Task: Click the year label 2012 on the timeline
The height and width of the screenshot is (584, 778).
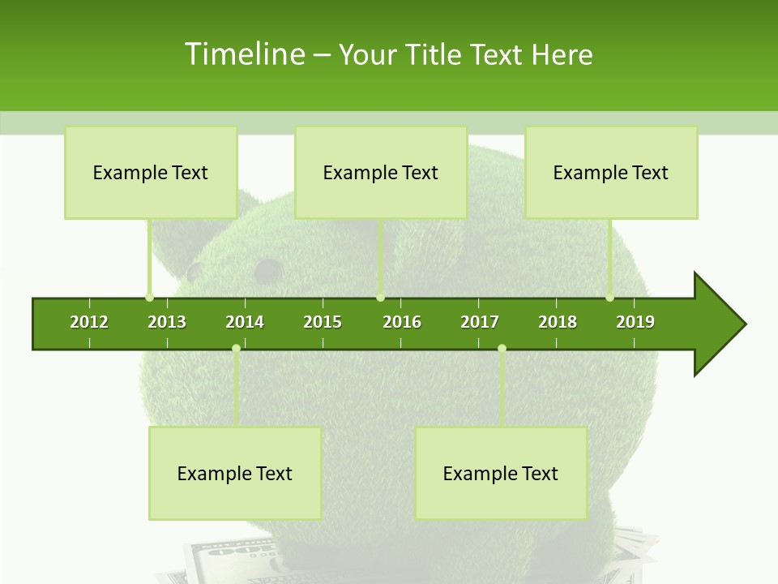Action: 89,322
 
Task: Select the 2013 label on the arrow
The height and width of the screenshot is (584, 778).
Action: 167,322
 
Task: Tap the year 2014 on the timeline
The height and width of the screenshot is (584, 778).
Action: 245,322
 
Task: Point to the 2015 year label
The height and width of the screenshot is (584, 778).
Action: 323,322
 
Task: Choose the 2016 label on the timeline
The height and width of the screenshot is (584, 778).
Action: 402,322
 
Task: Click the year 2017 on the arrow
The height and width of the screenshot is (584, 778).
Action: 480,322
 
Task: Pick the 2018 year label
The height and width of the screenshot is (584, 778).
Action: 558,322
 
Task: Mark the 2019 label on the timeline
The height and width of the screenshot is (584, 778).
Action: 635,322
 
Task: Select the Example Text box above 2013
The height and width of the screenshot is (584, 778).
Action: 151,172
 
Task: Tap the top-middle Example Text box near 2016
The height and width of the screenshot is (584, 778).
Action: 381,172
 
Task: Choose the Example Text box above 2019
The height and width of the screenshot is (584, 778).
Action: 611,172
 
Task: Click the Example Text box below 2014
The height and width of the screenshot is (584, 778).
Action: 235,473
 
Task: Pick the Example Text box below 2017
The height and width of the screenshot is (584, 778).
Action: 501,473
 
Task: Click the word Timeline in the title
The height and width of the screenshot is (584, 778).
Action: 243,54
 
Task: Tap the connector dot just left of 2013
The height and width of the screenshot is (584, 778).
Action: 149,297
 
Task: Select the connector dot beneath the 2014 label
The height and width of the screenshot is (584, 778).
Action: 236,348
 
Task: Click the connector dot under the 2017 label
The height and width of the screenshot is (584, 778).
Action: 502,348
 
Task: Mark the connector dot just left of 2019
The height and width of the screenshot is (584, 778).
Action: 609,297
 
